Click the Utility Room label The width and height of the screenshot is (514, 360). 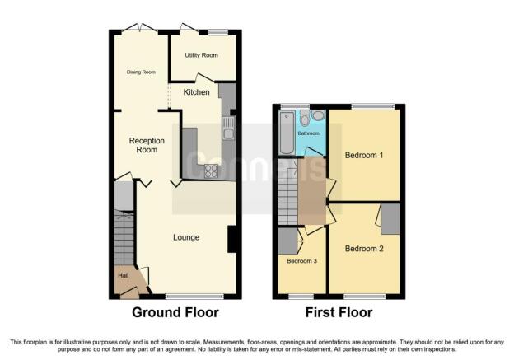(201, 55)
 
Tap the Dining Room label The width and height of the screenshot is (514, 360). (141, 72)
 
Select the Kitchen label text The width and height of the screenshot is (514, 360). (196, 92)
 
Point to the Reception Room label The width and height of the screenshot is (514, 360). (147, 145)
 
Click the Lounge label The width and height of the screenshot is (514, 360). (186, 237)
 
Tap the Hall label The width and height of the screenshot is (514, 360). (124, 275)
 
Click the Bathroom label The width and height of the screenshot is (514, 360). (308, 133)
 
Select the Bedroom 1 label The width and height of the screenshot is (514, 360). (364, 155)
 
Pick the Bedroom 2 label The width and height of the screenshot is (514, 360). (364, 249)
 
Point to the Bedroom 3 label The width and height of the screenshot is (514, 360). (301, 261)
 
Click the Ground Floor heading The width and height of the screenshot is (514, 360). (175, 312)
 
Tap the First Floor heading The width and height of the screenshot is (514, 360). (339, 312)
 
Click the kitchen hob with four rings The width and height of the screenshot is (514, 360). (211, 171)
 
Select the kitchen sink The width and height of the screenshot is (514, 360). (228, 129)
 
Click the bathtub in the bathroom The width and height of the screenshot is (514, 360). (287, 133)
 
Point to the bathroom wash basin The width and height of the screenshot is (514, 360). (318, 115)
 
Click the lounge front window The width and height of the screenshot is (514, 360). (194, 297)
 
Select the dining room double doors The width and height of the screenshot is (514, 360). (140, 28)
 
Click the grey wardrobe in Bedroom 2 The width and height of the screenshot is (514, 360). (390, 219)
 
